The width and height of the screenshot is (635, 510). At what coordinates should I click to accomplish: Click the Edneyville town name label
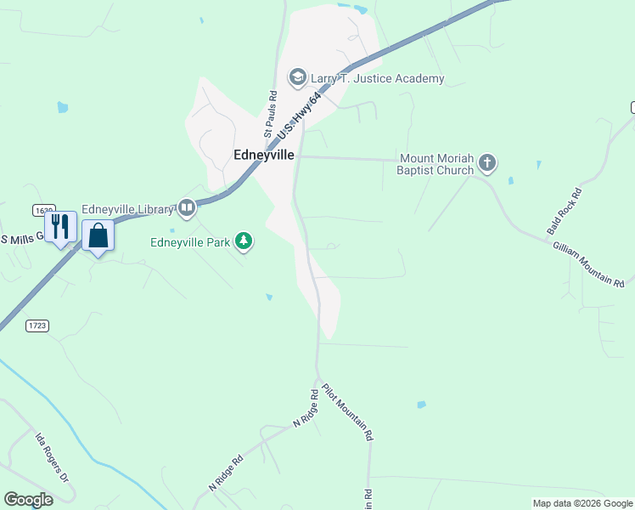point(264,155)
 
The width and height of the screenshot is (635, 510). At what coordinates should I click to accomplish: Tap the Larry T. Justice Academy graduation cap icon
point(298,79)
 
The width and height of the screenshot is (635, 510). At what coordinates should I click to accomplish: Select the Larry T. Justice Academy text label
point(378,79)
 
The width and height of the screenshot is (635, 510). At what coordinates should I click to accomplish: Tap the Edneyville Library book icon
point(187,207)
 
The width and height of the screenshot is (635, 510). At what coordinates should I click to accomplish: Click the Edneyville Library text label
point(128,208)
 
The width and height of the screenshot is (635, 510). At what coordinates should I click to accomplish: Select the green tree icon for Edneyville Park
point(244,242)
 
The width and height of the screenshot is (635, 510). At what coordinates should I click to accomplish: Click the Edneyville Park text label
point(190,242)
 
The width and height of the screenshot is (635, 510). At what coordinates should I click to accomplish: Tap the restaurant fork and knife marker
point(60,227)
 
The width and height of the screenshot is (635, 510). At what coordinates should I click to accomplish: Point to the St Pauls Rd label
point(271,114)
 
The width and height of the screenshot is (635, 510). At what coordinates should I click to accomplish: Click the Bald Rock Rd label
point(564,212)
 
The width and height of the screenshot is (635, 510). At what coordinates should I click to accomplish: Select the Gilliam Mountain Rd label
point(588,264)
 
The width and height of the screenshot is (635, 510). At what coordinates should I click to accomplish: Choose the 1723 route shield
point(37,326)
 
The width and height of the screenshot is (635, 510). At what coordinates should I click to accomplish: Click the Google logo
point(28,500)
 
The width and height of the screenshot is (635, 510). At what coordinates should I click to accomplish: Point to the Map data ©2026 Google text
point(582,503)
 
